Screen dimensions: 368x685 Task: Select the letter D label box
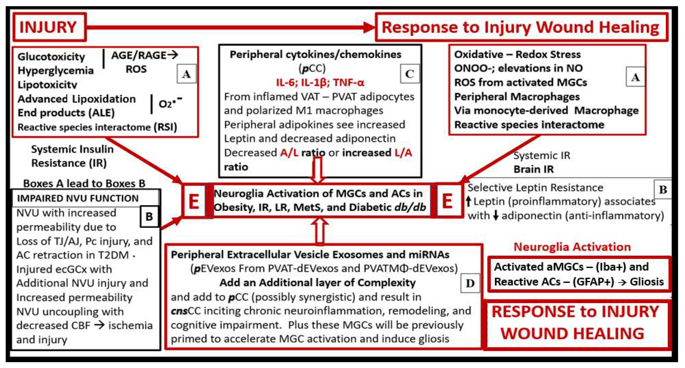(470, 283)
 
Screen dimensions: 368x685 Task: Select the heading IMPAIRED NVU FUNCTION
(78, 198)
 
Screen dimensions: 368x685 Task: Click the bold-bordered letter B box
(149, 217)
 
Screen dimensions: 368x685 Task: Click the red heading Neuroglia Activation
(572, 247)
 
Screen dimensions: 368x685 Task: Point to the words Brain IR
(533, 169)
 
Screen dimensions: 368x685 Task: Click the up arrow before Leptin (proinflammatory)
(469, 201)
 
